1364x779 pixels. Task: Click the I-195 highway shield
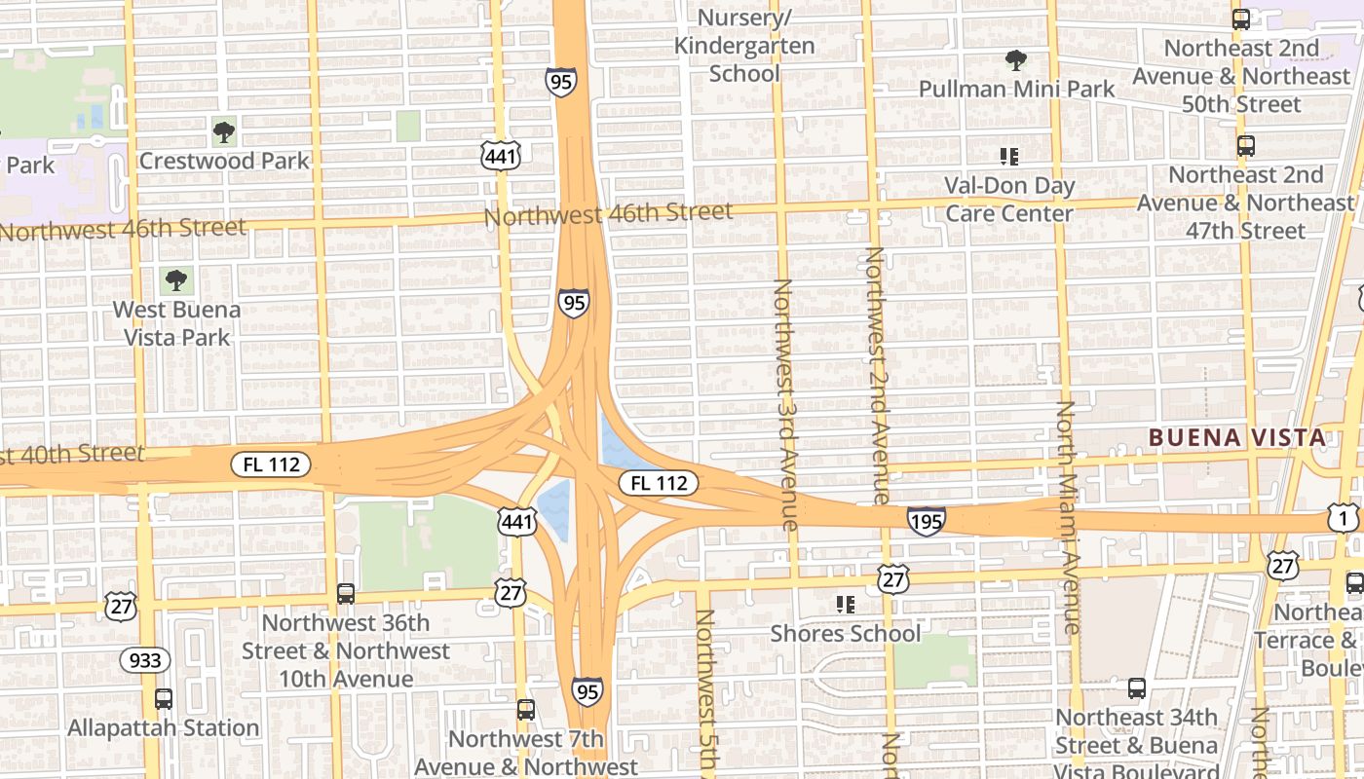(926, 522)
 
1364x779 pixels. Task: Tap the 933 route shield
(145, 660)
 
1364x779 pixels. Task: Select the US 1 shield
(1344, 518)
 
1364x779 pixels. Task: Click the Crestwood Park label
(224, 161)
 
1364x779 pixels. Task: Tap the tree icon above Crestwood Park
(224, 131)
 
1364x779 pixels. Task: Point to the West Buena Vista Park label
(176, 323)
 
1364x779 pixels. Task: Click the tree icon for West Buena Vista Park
(176, 281)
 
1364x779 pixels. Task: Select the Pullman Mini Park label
(1016, 90)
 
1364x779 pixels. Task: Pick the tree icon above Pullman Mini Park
(1016, 60)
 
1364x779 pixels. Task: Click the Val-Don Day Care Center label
(1009, 200)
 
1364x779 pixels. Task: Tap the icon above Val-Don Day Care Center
(1009, 157)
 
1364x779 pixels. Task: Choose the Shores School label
(846, 634)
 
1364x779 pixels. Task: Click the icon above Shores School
(846, 605)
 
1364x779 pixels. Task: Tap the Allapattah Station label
(164, 727)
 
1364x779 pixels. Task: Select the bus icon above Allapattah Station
(164, 698)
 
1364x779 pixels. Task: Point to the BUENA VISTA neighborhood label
(1237, 437)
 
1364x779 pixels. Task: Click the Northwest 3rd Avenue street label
(785, 404)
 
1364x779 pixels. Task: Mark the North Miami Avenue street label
(1069, 516)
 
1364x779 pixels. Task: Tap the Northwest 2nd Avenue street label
(877, 375)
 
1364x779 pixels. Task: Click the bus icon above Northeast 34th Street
(1137, 688)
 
